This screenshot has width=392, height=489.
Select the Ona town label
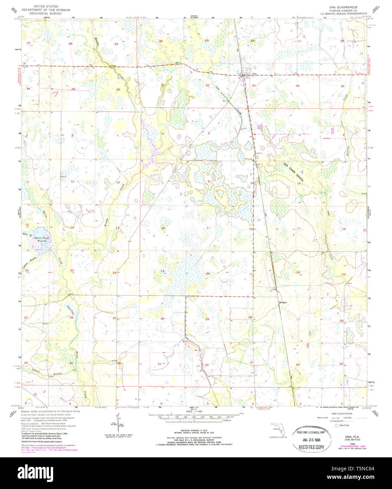(254, 74)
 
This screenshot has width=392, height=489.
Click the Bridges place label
(283, 302)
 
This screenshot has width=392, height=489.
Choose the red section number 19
(162, 271)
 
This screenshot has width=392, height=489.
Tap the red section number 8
(209, 182)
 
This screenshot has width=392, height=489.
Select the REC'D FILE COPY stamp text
(312, 447)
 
